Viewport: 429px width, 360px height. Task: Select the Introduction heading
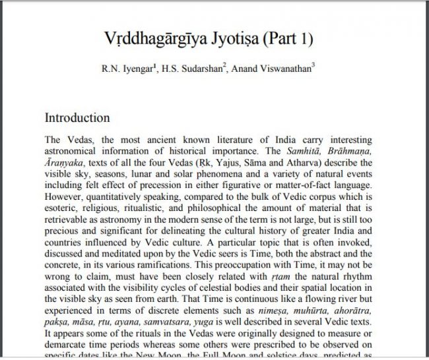[x=77, y=118]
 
